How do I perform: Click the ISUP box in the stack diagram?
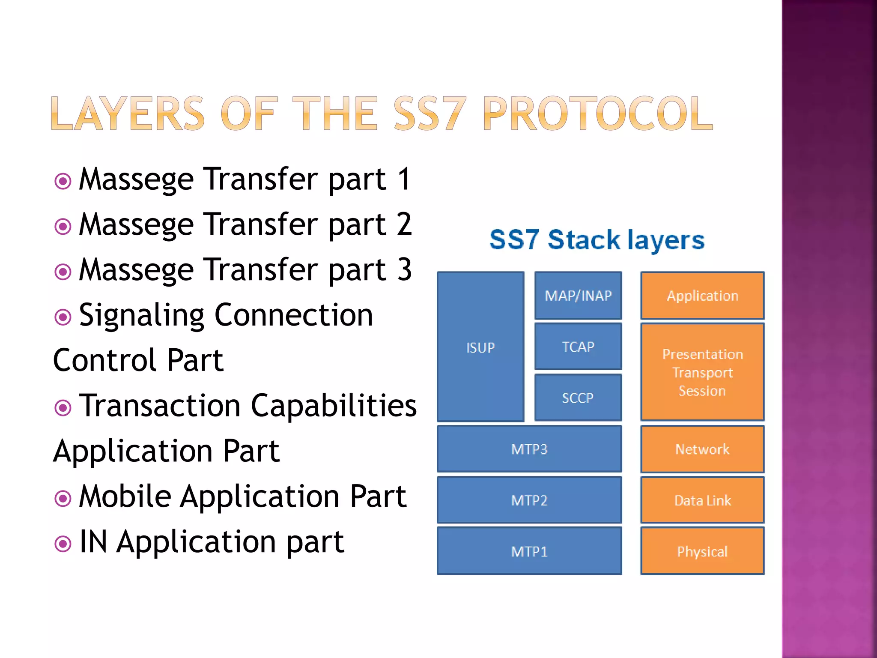click(480, 347)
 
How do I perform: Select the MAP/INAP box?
click(578, 296)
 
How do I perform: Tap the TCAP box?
click(578, 346)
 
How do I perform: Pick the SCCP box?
click(578, 398)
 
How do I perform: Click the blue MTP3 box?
click(529, 449)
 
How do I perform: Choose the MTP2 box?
click(529, 500)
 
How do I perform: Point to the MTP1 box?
click(529, 551)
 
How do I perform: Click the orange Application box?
click(702, 296)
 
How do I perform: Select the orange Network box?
click(702, 449)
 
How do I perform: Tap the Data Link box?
click(702, 500)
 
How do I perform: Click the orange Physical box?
click(702, 551)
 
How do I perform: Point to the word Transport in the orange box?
click(702, 373)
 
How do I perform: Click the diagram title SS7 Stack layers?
click(597, 239)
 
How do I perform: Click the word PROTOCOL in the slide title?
click(598, 113)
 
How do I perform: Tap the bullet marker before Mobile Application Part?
click(63, 498)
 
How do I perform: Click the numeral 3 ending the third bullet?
click(404, 270)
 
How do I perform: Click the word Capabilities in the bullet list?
click(334, 405)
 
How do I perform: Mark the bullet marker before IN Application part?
click(63, 544)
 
